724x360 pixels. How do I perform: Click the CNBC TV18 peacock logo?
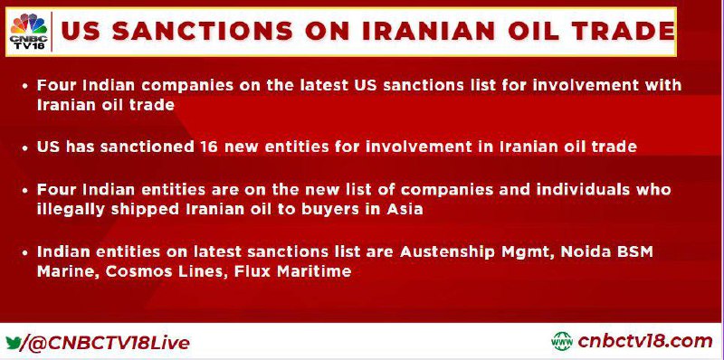click(29, 32)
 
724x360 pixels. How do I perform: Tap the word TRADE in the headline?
click(620, 32)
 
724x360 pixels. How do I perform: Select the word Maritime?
click(314, 271)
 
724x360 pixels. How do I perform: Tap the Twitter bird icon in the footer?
click(14, 343)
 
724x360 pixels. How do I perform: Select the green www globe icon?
click(561, 342)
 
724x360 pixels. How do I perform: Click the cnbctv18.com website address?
click(644, 342)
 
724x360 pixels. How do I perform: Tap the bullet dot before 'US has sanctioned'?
click(26, 148)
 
